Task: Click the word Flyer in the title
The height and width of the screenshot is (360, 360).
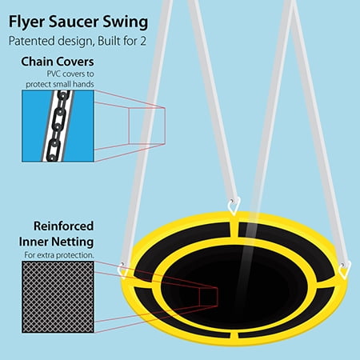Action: (x=26, y=22)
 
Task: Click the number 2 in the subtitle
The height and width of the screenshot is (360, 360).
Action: (x=143, y=41)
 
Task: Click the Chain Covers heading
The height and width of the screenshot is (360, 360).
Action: (x=58, y=62)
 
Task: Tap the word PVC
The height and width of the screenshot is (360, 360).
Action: (x=54, y=74)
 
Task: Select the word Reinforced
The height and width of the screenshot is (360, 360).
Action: (x=63, y=226)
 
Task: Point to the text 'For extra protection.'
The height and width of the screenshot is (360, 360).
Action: (x=59, y=255)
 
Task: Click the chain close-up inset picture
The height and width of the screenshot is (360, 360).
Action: (x=58, y=126)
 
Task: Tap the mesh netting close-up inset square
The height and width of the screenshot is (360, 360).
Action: (x=58, y=297)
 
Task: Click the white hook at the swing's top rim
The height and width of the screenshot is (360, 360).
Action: (x=234, y=206)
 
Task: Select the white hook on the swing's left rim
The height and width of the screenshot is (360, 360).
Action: (x=123, y=270)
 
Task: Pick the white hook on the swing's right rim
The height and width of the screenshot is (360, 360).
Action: (x=345, y=270)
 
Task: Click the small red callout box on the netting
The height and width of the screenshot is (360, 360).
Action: (x=209, y=297)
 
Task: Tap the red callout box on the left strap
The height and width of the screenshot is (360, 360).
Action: (x=147, y=126)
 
